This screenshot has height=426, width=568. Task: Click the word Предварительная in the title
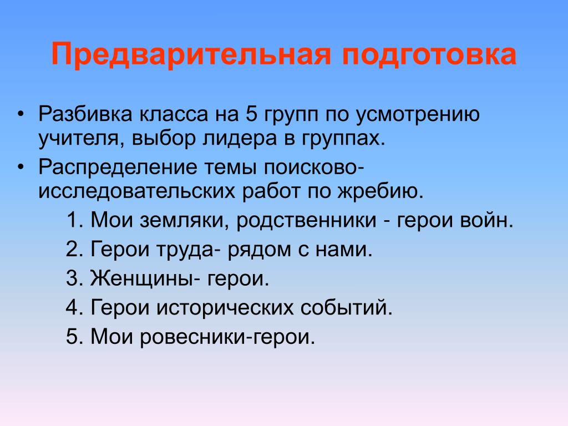coord(191,55)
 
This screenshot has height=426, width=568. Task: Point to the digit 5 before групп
coord(251,114)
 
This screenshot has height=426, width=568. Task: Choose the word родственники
coord(306,221)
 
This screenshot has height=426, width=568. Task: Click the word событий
coord(346,307)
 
